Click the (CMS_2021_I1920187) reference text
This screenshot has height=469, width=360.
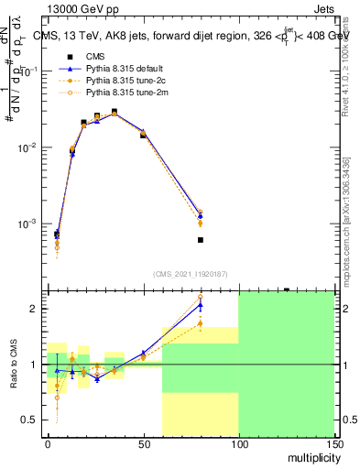coord(191,273)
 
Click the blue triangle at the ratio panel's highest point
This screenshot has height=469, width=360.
coord(200,305)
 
